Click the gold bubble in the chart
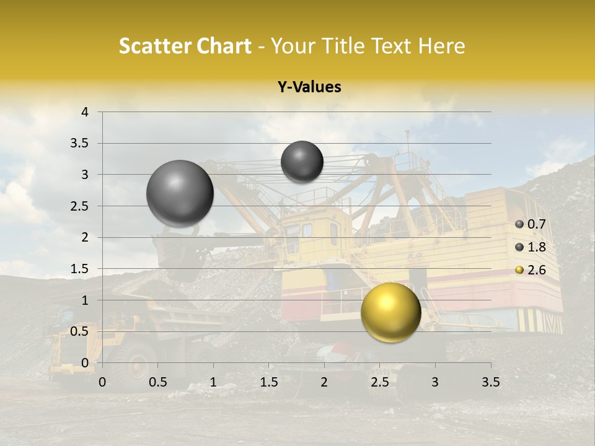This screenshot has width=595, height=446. (390, 312)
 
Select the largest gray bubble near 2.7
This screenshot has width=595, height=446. (180, 193)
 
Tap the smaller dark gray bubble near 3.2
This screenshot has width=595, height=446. (302, 162)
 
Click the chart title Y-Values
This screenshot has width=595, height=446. (309, 87)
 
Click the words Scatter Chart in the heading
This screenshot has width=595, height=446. (185, 46)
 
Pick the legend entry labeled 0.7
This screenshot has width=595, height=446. (531, 224)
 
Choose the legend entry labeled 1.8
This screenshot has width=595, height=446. (531, 247)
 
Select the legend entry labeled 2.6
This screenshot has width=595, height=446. (531, 270)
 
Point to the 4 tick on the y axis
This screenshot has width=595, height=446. (86, 112)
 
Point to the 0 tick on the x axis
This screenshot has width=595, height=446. (102, 382)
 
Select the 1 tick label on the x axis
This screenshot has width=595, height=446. (213, 382)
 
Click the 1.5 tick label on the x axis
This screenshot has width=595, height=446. (269, 382)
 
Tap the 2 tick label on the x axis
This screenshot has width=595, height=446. (324, 382)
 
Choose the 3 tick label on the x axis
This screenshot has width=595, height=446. (435, 382)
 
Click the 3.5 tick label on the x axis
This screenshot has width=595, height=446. (490, 382)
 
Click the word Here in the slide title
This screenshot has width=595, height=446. (441, 46)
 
